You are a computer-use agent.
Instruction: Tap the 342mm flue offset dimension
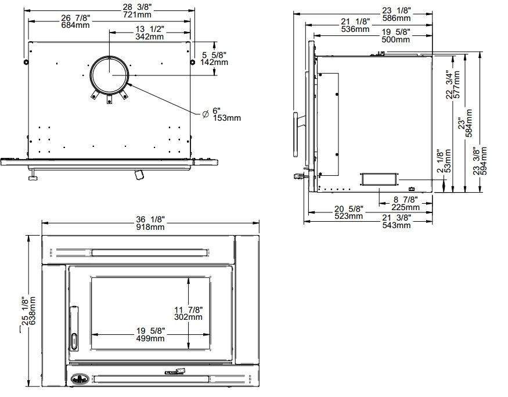[x=149, y=37]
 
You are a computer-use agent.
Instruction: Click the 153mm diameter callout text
[x=226, y=118]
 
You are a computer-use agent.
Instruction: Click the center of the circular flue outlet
[x=109, y=74]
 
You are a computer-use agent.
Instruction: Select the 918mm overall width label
[x=150, y=228]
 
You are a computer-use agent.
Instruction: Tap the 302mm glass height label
[x=188, y=317]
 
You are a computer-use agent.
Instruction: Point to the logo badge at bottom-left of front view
[x=77, y=380]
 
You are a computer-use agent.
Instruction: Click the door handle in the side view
[x=296, y=135]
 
